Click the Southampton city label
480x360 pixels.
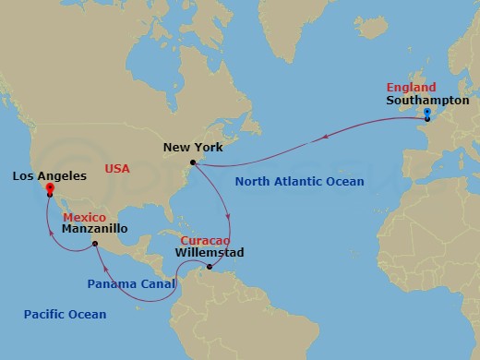tap(427, 100)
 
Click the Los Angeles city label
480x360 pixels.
tap(50, 174)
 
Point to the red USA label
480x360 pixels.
tap(117, 169)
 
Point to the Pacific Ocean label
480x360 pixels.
tap(66, 315)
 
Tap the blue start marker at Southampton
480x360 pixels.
tap(426, 113)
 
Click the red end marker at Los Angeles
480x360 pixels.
tap(48, 187)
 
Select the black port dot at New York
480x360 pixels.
tap(193, 162)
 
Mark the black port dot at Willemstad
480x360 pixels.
tap(210, 268)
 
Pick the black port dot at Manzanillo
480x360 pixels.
tap(94, 244)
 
